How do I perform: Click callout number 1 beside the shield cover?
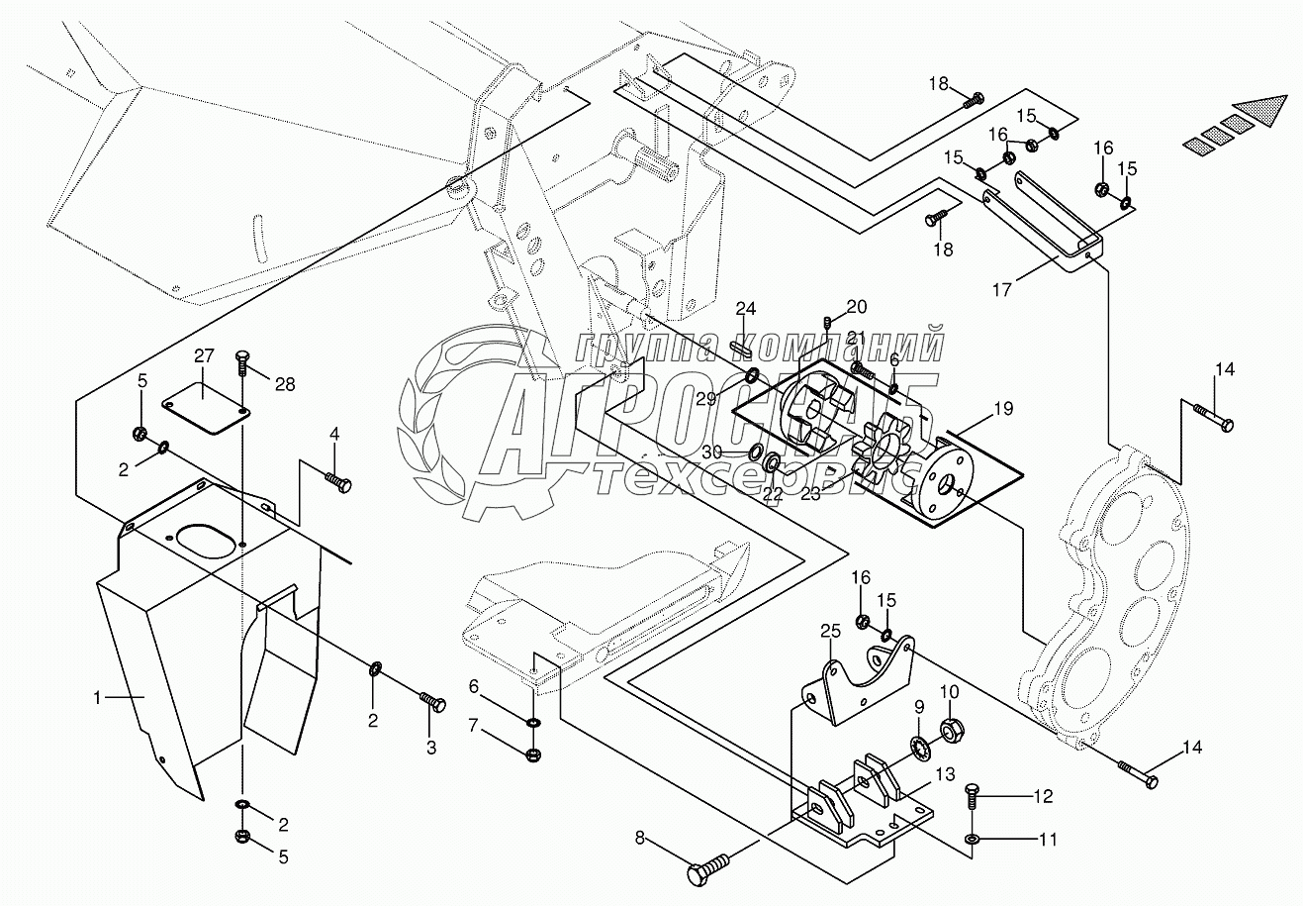point(98,698)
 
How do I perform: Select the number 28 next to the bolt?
point(284,384)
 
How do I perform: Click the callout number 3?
point(430,749)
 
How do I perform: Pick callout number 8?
point(640,839)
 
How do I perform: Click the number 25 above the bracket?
point(829,630)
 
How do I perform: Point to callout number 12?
point(1043,796)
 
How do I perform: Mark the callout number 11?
point(1048,840)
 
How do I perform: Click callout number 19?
point(1003,407)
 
